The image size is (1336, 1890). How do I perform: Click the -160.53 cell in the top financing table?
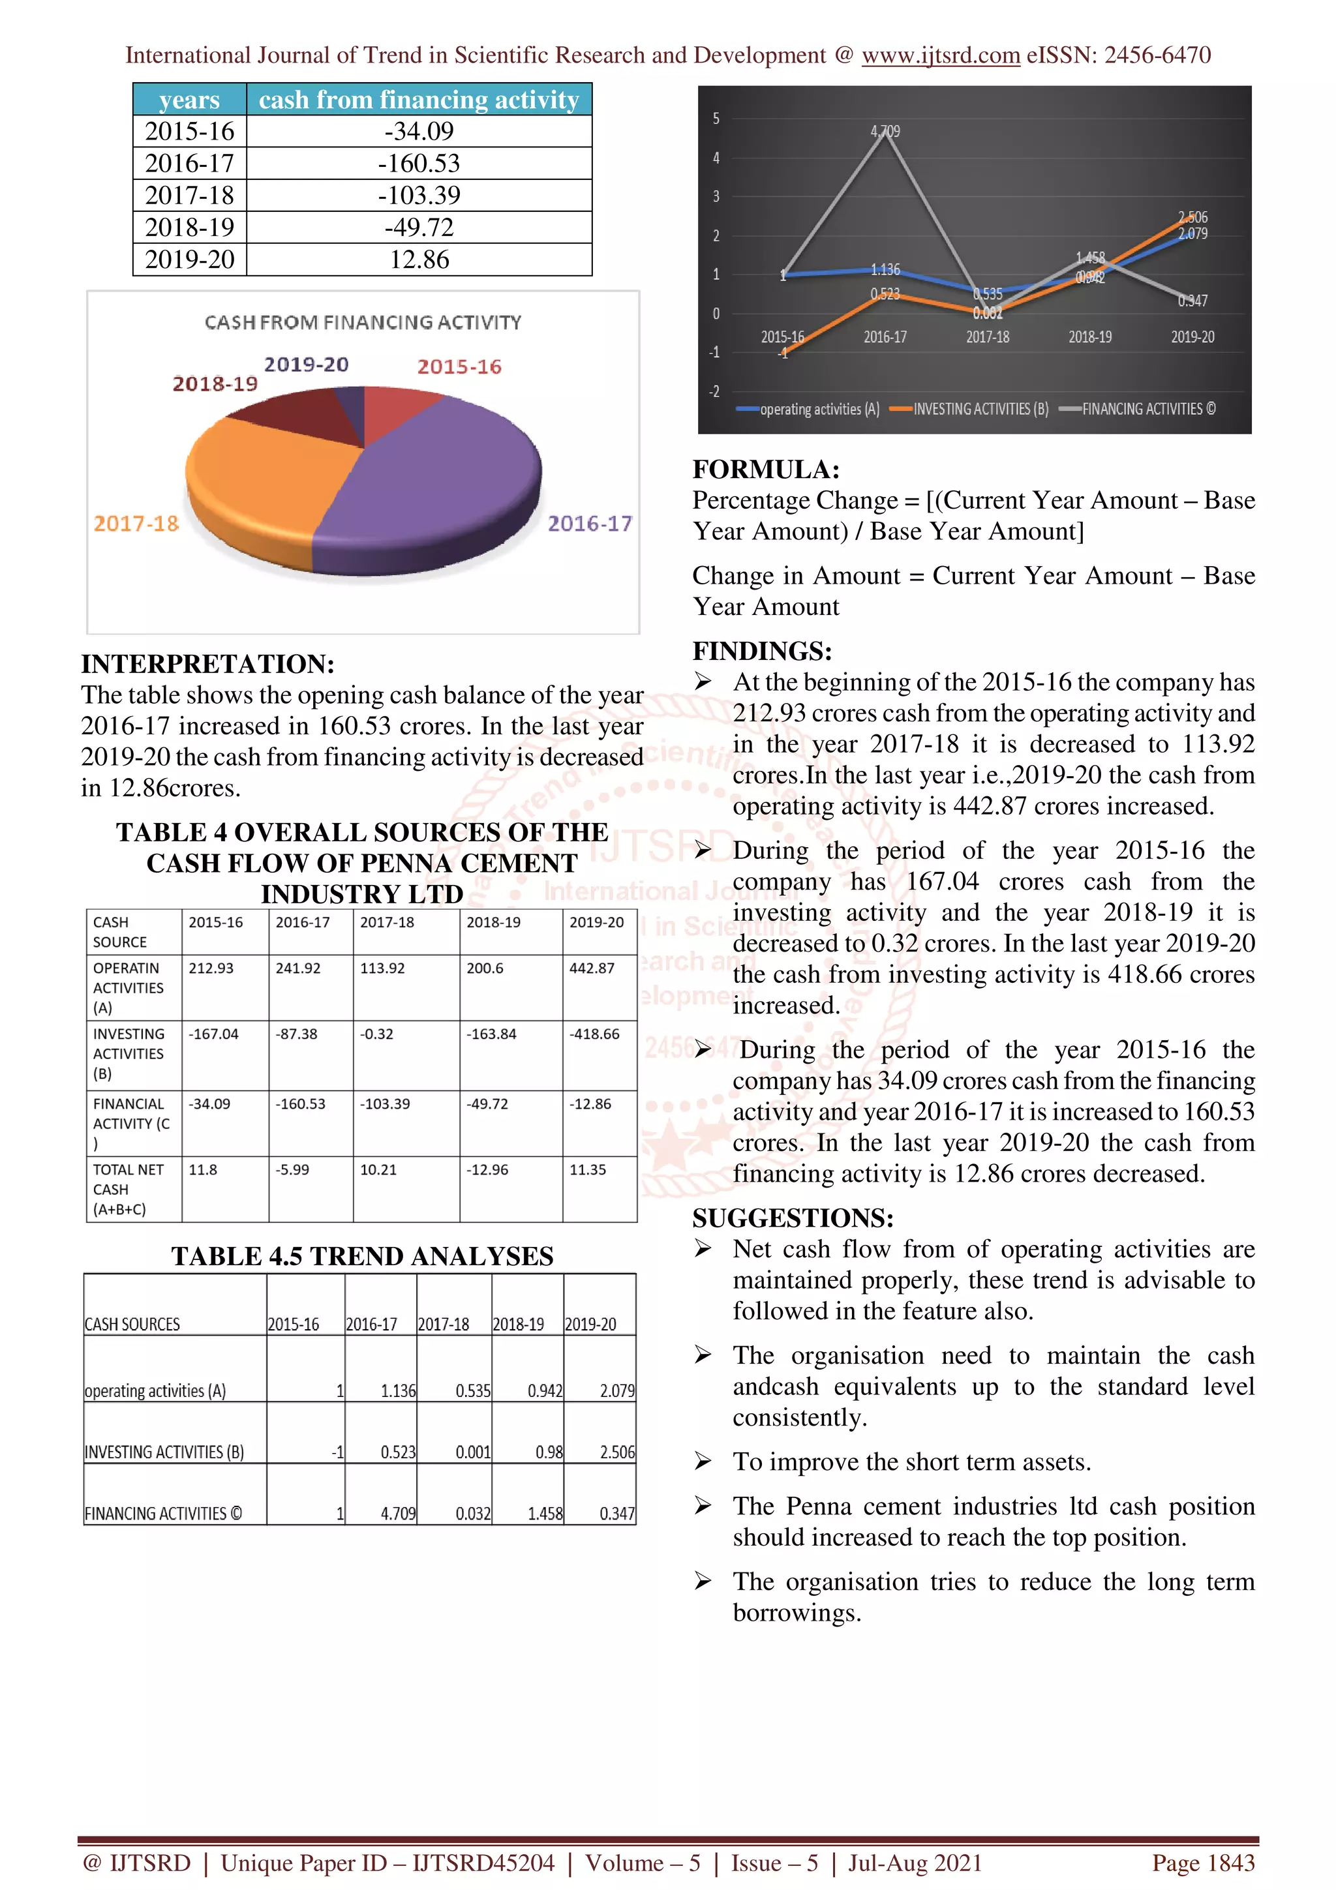coord(418,163)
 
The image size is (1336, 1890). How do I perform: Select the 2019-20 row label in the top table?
coord(189,260)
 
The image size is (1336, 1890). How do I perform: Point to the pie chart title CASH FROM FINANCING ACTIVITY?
coord(363,322)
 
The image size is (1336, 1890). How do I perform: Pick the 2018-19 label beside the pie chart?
coord(215,383)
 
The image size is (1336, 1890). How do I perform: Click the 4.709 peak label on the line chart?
coord(885,132)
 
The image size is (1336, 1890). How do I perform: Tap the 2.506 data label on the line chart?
coord(1192,217)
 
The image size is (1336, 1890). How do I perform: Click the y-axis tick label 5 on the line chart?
coord(716,119)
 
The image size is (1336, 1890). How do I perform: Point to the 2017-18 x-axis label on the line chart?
coord(987,337)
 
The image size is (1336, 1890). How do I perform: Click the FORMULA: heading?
coord(766,469)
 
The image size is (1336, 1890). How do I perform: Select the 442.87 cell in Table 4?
coord(592,968)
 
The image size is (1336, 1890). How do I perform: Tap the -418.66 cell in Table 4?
coord(594,1034)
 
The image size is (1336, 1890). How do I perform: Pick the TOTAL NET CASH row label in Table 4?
coord(128,1189)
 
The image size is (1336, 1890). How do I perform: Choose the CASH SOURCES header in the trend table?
coord(132,1324)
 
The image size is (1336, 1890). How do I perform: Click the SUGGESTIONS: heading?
coord(793,1218)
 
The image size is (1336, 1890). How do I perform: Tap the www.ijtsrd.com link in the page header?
coord(940,55)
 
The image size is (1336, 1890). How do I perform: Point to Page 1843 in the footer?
coord(1203,1862)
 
